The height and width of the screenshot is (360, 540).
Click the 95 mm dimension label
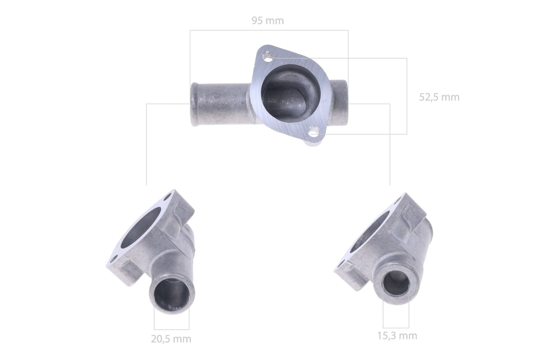click(268, 21)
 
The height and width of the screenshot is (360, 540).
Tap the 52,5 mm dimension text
click(439, 97)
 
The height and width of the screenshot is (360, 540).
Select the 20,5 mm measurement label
click(171, 339)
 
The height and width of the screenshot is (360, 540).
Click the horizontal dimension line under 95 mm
click(269, 30)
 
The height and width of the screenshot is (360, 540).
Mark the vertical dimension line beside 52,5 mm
click(406, 96)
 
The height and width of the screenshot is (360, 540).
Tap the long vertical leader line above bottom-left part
click(146, 146)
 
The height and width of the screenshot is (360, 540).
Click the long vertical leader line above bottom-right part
click(390, 146)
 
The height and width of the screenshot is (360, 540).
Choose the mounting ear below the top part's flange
click(316, 142)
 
